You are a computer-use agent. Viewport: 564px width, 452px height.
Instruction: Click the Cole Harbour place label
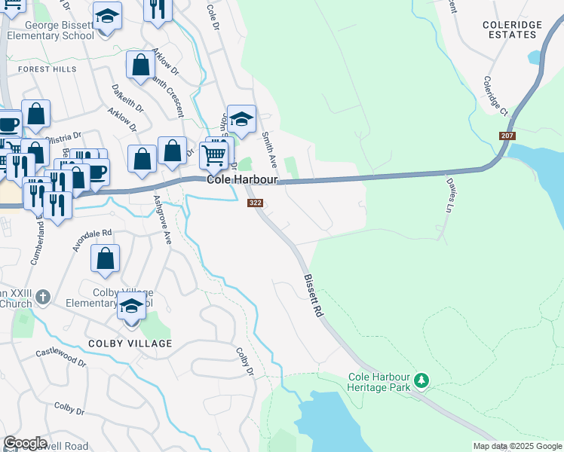pos(243,181)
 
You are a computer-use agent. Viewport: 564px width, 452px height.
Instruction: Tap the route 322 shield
pos(255,203)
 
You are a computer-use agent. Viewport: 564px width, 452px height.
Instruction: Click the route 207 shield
pos(507,136)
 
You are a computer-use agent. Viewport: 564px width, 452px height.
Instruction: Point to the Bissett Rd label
pos(314,295)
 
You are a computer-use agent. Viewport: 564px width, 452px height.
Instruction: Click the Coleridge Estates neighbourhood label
pos(512,30)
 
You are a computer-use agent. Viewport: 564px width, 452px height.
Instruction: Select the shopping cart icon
pos(214,156)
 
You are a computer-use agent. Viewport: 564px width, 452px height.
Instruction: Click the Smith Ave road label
pos(268,150)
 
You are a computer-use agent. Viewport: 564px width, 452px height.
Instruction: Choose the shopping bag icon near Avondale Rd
pos(106,258)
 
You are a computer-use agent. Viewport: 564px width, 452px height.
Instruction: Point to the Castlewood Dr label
pos(61,356)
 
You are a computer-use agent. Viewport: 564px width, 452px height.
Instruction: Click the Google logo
pos(26,443)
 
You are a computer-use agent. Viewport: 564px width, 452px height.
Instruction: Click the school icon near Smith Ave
pos(241,120)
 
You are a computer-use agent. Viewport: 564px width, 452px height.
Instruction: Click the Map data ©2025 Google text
pos(516,446)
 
